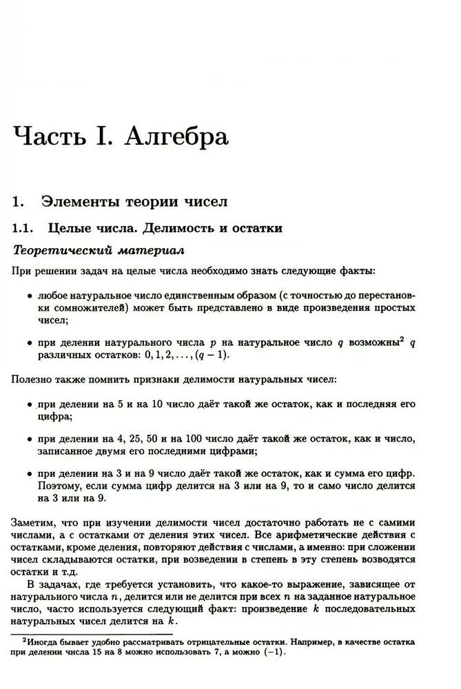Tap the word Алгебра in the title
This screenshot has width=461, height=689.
pyautogui.click(x=176, y=136)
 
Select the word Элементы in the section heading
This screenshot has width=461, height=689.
pyautogui.click(x=81, y=202)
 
